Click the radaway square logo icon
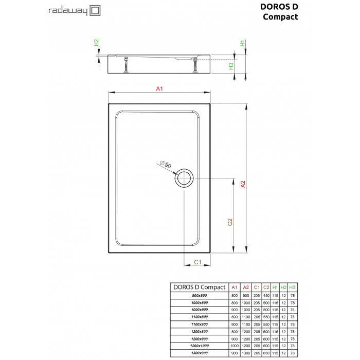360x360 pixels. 95,11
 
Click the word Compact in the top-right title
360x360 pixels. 280,17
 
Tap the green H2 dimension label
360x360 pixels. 96,43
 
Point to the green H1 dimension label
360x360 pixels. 242,43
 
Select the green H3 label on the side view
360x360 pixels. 231,66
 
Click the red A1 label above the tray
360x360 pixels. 159,88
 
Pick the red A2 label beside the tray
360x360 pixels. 243,184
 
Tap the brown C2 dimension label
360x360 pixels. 230,222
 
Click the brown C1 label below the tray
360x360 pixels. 197,262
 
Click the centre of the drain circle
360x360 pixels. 184,178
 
